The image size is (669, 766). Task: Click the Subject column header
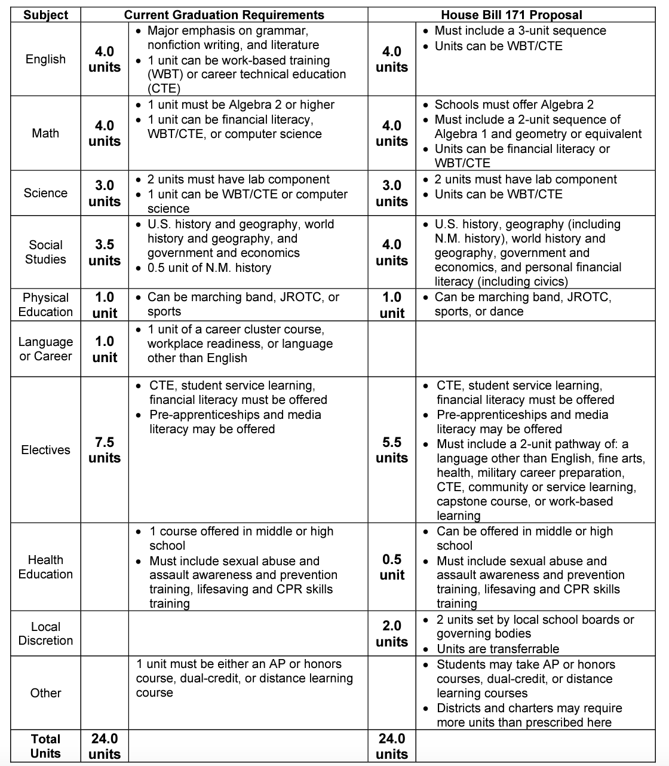click(x=45, y=15)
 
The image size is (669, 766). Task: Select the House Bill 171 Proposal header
click(x=511, y=15)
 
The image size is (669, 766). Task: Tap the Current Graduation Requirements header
click(x=224, y=15)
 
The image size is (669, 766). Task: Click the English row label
click(x=45, y=59)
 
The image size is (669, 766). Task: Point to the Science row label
click(x=45, y=193)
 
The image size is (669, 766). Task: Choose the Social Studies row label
click(x=45, y=252)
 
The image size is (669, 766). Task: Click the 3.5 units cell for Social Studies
click(x=105, y=252)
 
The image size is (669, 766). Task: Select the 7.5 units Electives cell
click(x=105, y=450)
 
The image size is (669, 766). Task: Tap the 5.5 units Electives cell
click(x=392, y=450)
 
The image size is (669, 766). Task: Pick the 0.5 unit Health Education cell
click(x=392, y=567)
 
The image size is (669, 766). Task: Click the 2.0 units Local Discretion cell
click(x=392, y=633)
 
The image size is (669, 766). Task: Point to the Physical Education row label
click(x=45, y=305)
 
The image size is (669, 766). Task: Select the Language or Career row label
click(x=45, y=349)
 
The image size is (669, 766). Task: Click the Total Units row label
click(x=45, y=746)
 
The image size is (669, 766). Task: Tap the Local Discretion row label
click(x=45, y=633)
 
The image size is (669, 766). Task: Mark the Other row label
click(x=45, y=693)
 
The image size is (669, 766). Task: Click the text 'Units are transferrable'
click(x=498, y=649)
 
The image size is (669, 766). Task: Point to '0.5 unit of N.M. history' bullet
click(x=209, y=268)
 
